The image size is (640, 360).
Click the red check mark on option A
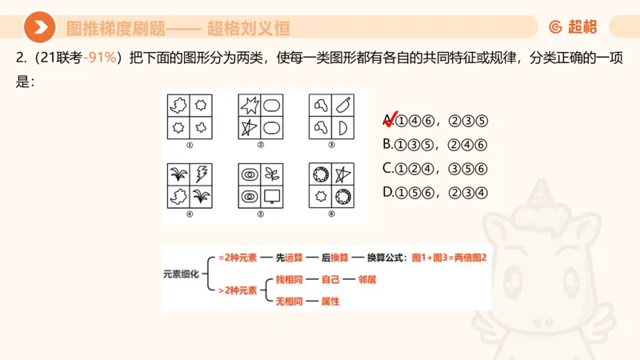click(x=391, y=119)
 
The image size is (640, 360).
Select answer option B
click(x=435, y=145)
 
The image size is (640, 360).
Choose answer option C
click(x=435, y=169)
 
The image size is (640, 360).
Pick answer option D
click(x=435, y=193)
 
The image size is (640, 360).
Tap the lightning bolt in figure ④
click(x=201, y=174)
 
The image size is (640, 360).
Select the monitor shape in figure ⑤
click(x=273, y=196)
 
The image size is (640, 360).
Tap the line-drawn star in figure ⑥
click(x=343, y=174)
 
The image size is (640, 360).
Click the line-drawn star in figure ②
click(x=250, y=127)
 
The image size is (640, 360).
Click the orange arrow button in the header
click(x=39, y=28)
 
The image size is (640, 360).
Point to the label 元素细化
click(x=181, y=273)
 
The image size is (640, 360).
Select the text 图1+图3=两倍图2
click(x=448, y=258)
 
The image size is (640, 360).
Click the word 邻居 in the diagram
click(x=368, y=280)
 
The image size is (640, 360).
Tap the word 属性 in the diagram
click(x=330, y=302)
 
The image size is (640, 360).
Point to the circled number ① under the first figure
click(x=189, y=145)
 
